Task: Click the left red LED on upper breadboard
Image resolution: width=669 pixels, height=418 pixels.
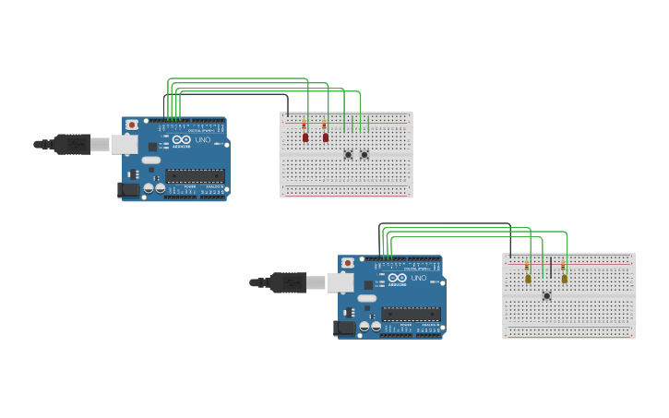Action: pyautogui.click(x=305, y=137)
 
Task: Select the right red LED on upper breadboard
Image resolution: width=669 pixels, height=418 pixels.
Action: pyautogui.click(x=326, y=137)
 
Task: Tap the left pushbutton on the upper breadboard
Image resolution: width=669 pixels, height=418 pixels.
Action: pyautogui.click(x=348, y=154)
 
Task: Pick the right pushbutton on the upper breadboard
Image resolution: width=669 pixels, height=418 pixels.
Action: pyautogui.click(x=364, y=154)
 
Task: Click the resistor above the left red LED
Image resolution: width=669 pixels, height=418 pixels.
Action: pyautogui.click(x=305, y=125)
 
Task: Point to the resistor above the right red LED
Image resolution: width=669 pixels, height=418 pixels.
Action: pyautogui.click(x=325, y=125)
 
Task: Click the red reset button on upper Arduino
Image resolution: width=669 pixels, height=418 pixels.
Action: pyautogui.click(x=132, y=125)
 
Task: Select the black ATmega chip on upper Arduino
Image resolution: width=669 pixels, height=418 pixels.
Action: pyautogui.click(x=195, y=175)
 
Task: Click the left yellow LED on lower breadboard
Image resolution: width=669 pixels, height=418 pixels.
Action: pyautogui.click(x=528, y=278)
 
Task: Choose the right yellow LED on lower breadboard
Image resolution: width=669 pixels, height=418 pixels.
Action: pyautogui.click(x=564, y=278)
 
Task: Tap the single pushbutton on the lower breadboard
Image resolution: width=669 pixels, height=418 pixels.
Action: pyautogui.click(x=546, y=295)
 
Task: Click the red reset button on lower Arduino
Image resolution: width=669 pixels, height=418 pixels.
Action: pyautogui.click(x=348, y=263)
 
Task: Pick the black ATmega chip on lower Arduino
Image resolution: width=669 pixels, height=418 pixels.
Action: pyautogui.click(x=411, y=314)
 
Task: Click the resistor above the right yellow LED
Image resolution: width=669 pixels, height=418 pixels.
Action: pyautogui.click(x=564, y=266)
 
